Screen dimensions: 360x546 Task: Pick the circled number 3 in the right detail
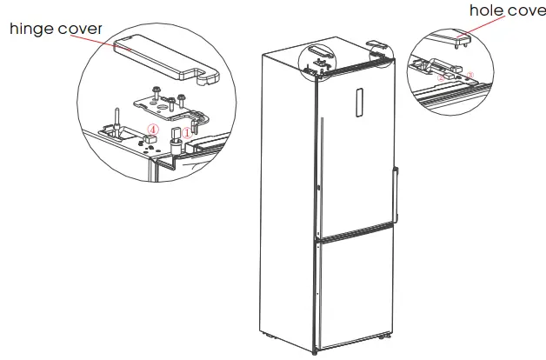(x=470, y=76)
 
